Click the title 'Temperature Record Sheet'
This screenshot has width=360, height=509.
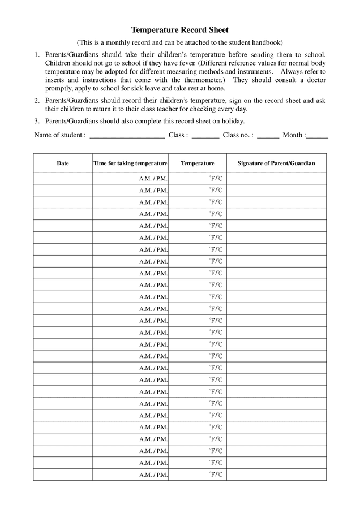(180, 30)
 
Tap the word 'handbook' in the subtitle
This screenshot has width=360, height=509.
(266, 43)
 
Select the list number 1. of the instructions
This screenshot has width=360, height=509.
(37, 55)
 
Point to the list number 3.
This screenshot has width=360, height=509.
(37, 121)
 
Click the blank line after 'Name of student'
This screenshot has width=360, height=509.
(127, 136)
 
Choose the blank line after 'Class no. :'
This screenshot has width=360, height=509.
(267, 136)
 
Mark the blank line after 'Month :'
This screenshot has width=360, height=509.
(318, 136)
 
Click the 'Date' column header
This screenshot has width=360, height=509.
(63, 163)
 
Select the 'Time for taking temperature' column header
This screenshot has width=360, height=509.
(130, 163)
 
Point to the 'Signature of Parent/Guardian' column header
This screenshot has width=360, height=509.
(276, 163)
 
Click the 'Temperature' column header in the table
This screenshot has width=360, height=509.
(198, 163)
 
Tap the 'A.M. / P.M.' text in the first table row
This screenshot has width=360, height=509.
(153, 178)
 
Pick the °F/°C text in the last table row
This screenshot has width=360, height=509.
(216, 475)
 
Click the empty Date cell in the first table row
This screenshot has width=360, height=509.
(63, 178)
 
